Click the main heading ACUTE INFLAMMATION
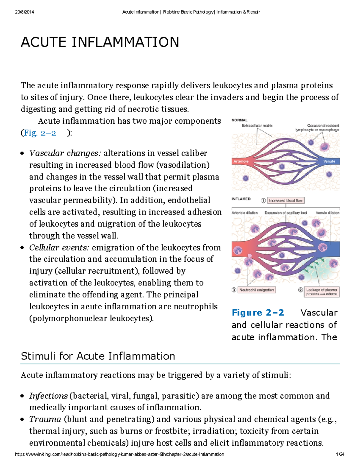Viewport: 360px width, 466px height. (x=100, y=42)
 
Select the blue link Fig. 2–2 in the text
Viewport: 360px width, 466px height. (x=40, y=133)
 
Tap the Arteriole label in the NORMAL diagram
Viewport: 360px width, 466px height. (x=241, y=161)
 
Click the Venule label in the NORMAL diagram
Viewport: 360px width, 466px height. (x=329, y=161)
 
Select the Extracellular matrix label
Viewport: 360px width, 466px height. (x=257, y=126)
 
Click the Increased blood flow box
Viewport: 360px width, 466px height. (x=286, y=200)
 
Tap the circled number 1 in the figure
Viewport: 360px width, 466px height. (x=263, y=200)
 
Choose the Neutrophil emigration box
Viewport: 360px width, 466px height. (x=256, y=290)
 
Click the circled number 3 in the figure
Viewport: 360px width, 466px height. (x=234, y=290)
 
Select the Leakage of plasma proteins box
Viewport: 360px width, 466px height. (x=321, y=292)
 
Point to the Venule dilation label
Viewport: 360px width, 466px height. (x=327, y=213)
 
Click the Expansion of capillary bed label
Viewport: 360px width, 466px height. (x=286, y=213)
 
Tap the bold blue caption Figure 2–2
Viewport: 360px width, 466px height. (x=258, y=313)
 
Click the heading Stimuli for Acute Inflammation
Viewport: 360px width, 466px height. (x=98, y=356)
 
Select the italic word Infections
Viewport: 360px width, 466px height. (x=48, y=396)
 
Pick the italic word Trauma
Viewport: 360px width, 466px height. (x=45, y=419)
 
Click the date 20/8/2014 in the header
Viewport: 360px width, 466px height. (x=24, y=12)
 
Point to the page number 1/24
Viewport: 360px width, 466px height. (x=340, y=454)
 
